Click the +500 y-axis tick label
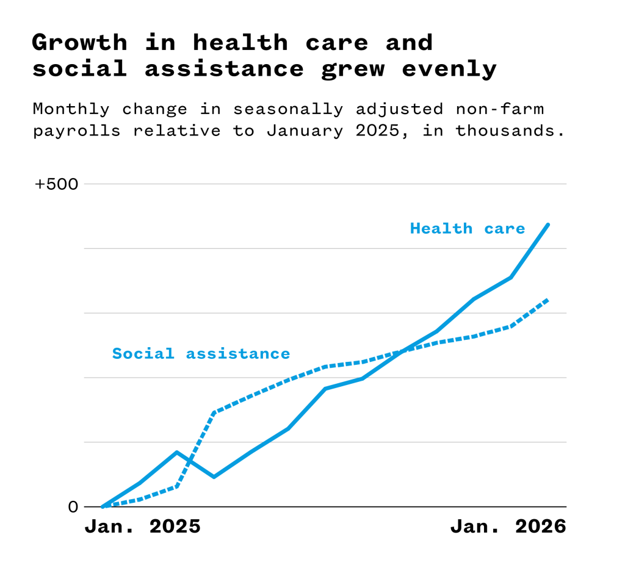[x=57, y=184]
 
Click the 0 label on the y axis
[x=73, y=506]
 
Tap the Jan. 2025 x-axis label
[x=142, y=527]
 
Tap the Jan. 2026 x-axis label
[x=508, y=527]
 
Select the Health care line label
[x=468, y=229]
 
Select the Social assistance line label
[x=201, y=353]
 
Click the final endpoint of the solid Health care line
[x=548, y=225]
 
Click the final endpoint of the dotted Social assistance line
[x=548, y=300]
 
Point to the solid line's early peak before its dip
[x=176, y=452]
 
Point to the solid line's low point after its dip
[x=214, y=477]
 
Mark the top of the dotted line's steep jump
[x=214, y=412]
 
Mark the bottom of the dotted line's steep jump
[x=177, y=486]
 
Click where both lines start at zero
[x=103, y=506]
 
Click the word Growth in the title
[x=80, y=43]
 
